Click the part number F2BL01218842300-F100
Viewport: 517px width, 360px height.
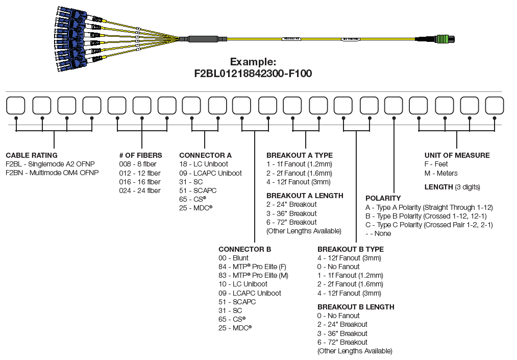point(253,74)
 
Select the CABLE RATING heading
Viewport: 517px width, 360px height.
point(32,155)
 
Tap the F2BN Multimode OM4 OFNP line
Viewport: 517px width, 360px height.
point(52,173)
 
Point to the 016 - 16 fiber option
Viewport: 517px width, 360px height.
point(140,182)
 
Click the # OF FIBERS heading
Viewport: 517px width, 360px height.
point(141,155)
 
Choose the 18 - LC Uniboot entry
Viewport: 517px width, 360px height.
point(204,164)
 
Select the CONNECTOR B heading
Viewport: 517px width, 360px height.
point(244,249)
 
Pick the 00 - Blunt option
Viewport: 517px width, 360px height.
point(233,258)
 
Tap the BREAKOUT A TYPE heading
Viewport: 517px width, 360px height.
point(300,155)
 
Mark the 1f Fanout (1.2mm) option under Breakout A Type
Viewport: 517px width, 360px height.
point(299,164)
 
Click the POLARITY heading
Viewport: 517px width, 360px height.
point(383,198)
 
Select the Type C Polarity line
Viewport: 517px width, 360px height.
point(429,225)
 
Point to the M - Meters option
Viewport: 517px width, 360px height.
point(441,173)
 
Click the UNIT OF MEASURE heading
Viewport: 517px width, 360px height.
point(457,155)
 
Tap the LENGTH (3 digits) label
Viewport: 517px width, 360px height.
point(452,187)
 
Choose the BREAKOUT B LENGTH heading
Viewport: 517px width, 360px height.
point(356,307)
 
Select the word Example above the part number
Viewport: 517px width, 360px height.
point(253,62)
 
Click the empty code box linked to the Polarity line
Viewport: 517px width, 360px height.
point(393,106)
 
